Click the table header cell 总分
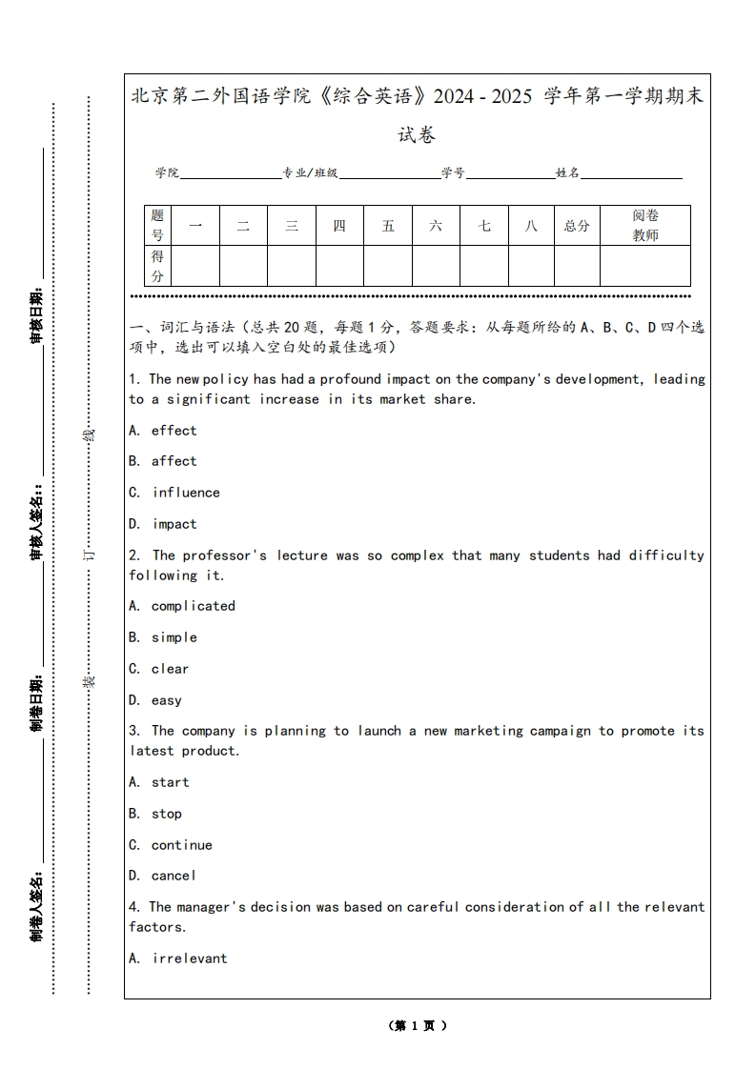coord(577,226)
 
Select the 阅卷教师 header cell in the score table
coord(645,226)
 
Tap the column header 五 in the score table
coord(388,226)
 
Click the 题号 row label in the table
coord(157,226)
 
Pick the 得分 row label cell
coord(157,266)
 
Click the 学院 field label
coord(168,172)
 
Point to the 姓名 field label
coord(568,172)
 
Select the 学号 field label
coord(453,172)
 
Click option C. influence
coord(174,493)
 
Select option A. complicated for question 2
coord(182,606)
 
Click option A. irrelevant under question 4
coord(178,958)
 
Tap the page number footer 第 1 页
coord(418,1025)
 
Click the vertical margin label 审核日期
coord(36,314)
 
